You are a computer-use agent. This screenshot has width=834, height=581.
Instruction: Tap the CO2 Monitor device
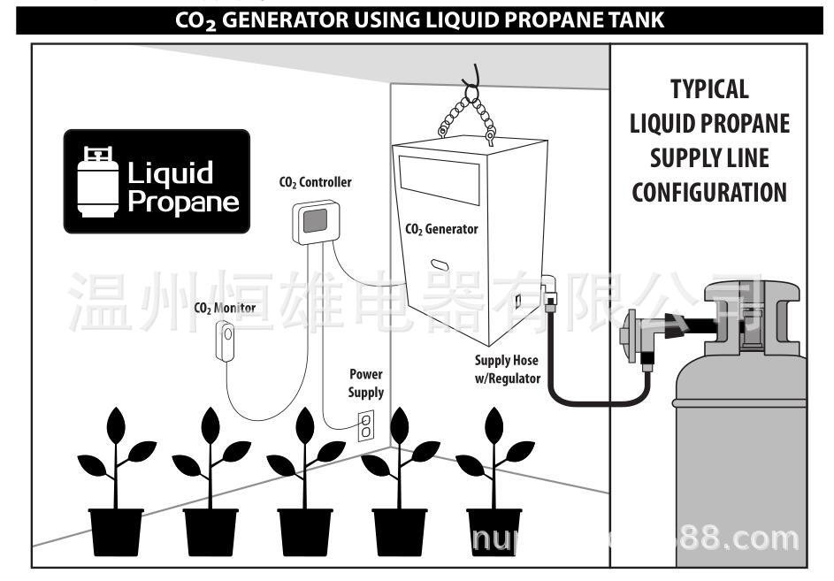click(x=226, y=340)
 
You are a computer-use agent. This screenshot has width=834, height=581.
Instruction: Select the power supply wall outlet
click(x=365, y=425)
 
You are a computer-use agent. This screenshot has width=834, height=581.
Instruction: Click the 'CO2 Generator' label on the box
click(x=441, y=229)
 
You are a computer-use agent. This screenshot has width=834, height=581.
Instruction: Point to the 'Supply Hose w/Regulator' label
click(x=507, y=369)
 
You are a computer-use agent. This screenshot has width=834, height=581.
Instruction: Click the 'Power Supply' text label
click(x=366, y=383)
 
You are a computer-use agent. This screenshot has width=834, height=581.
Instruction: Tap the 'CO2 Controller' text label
click(x=315, y=183)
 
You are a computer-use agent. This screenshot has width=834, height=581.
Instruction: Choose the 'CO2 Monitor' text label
click(x=225, y=309)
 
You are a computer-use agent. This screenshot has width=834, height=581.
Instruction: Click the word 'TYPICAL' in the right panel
click(x=709, y=88)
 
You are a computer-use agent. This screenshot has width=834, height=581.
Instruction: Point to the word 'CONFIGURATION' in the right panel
click(x=709, y=192)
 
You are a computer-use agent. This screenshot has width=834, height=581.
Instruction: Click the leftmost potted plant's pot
click(x=117, y=531)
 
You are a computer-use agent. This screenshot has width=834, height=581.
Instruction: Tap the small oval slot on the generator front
click(x=440, y=264)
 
